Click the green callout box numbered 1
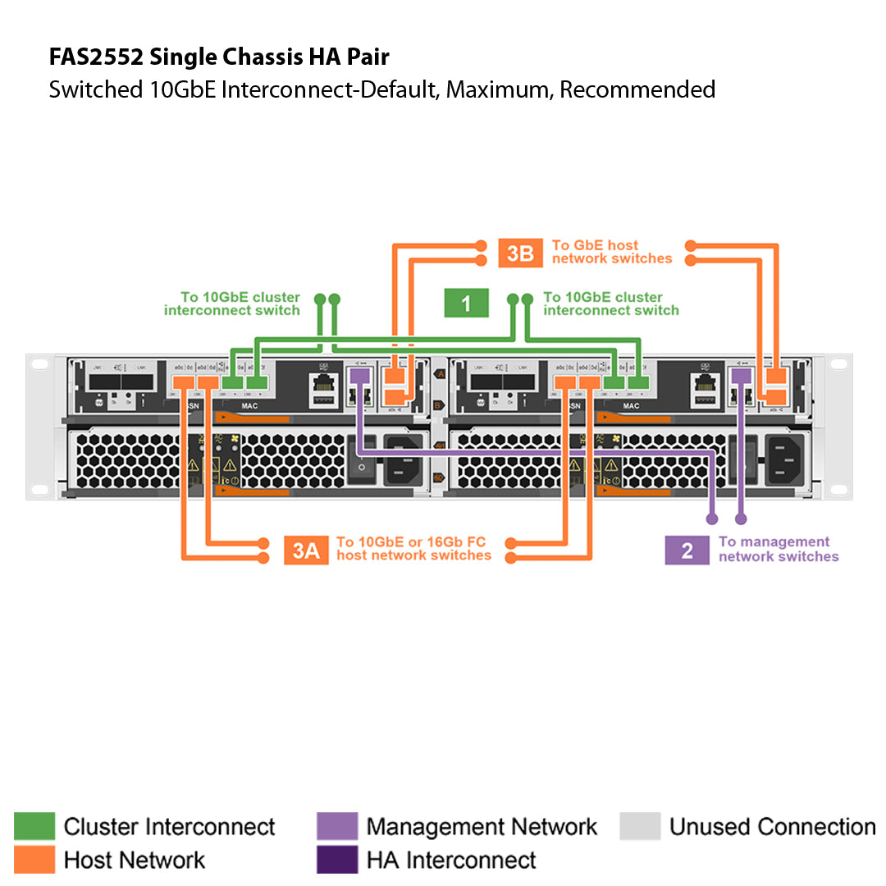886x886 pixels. (466, 303)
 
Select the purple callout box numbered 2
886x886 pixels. (687, 550)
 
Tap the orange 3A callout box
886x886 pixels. (306, 550)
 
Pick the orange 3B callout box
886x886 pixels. (520, 253)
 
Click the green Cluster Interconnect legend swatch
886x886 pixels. (34, 826)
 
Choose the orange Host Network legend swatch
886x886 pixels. (34, 860)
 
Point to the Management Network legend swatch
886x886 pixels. (337, 826)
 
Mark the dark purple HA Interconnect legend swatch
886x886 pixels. (337, 860)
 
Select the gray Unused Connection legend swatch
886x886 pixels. (640, 826)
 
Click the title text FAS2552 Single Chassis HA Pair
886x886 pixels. (219, 57)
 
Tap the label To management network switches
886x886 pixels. (778, 549)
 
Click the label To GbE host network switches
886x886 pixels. (611, 252)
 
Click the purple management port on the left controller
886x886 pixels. (359, 376)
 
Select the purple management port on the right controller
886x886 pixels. (741, 376)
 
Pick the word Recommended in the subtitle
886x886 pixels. (637, 89)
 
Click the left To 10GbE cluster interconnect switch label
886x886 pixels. (232, 304)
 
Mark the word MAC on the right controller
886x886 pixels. (631, 406)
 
